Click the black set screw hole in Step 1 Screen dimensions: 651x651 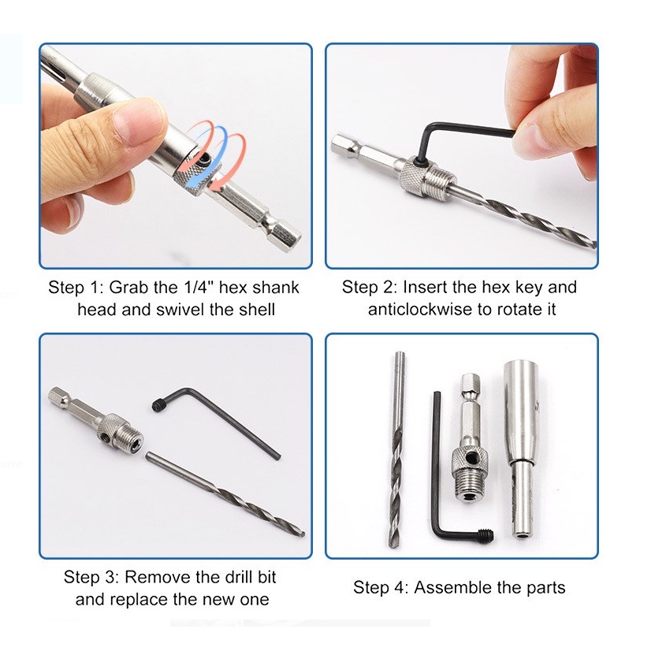coord(204,158)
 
